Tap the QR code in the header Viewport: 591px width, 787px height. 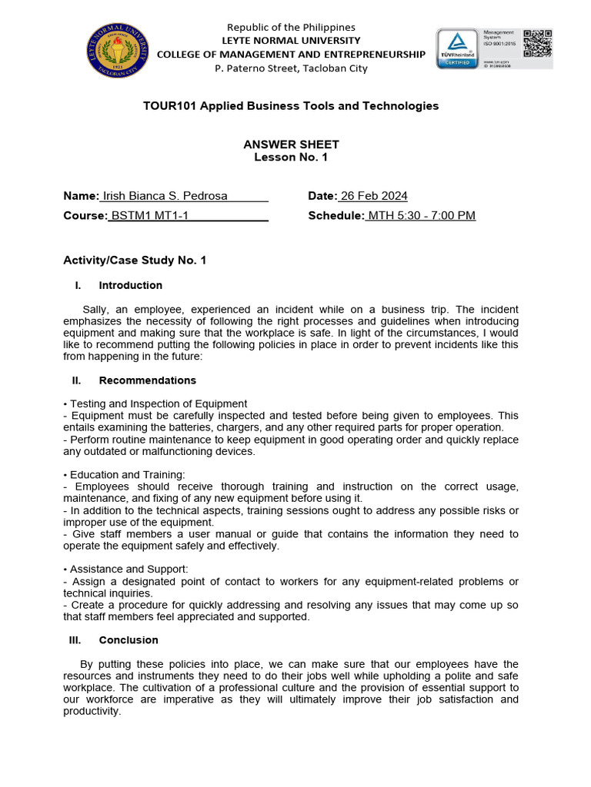point(538,43)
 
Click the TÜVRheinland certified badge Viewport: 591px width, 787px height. point(458,48)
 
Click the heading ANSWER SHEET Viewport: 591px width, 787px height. point(291,144)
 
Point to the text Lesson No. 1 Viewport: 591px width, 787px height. point(291,157)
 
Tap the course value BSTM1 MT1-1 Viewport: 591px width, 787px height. point(150,216)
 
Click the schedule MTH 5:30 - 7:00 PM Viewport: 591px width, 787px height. point(422,216)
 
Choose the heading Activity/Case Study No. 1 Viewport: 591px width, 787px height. point(135,261)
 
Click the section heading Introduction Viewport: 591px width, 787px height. point(130,285)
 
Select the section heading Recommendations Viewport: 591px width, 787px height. point(147,380)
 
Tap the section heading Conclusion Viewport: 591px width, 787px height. point(129,640)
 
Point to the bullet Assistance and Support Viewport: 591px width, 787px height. point(129,569)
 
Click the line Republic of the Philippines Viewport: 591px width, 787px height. point(291,27)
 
